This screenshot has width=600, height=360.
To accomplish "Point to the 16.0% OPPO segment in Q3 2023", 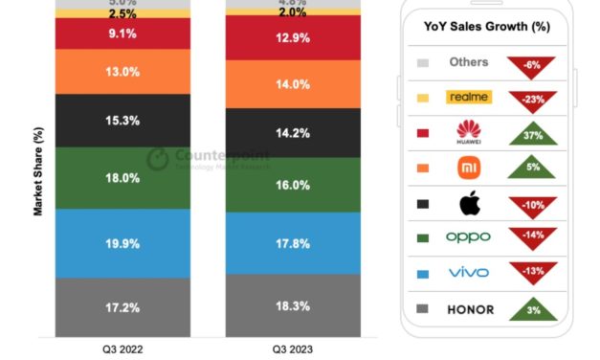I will (x=293, y=184).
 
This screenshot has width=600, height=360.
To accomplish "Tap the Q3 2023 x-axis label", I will (x=293, y=349).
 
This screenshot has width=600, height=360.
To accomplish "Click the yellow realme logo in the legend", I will (x=469, y=97).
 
